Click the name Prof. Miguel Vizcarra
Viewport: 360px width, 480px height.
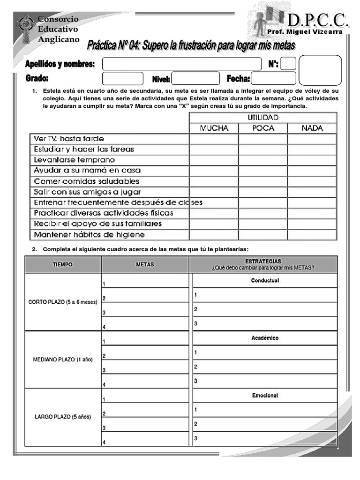tap(304, 31)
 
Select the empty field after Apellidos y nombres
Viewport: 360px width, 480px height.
tap(182, 64)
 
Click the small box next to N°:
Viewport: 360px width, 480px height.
tap(288, 64)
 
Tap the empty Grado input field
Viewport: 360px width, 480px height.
tap(123, 78)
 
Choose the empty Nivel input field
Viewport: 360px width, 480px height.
tap(195, 78)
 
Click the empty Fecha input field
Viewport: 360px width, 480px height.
tap(274, 78)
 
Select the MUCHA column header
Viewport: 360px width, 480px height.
tap(214, 128)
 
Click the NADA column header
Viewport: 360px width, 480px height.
tap(312, 128)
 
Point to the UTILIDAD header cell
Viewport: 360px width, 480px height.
tap(263, 117)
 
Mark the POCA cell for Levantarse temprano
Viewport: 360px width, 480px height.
tap(263, 160)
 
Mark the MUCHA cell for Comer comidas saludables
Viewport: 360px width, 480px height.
tap(214, 181)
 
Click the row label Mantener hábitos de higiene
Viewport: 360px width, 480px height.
tap(89, 234)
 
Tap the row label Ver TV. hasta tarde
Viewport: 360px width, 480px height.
tap(69, 139)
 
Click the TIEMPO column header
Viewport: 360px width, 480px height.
tap(63, 264)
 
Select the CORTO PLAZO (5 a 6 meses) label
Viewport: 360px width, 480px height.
tap(63, 302)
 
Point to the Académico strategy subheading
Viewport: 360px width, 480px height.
tap(265, 338)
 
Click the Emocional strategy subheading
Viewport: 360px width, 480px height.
tap(265, 396)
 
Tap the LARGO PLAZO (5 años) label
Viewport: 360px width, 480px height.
tap(63, 417)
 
